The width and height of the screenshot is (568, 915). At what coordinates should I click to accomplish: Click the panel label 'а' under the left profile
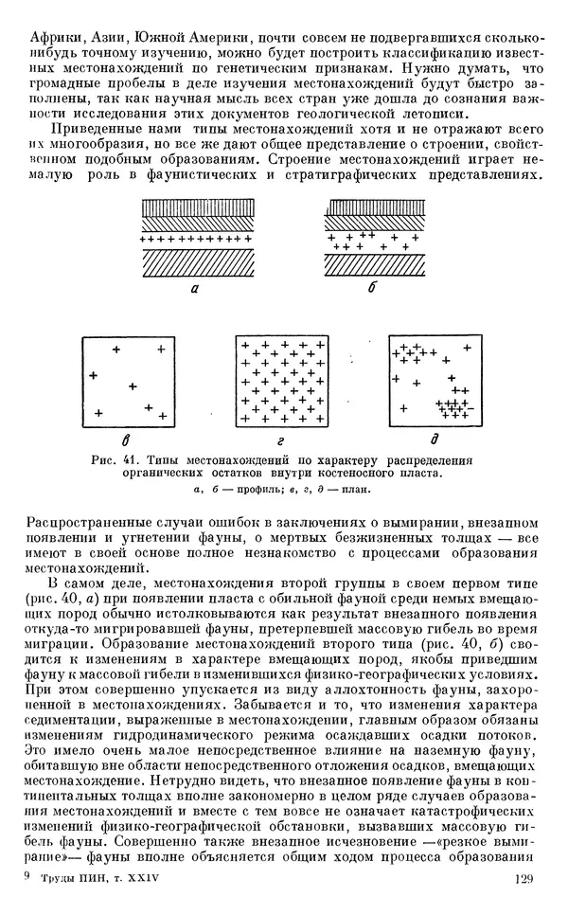[x=193, y=293]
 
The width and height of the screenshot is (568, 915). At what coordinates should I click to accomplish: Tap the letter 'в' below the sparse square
[x=126, y=440]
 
